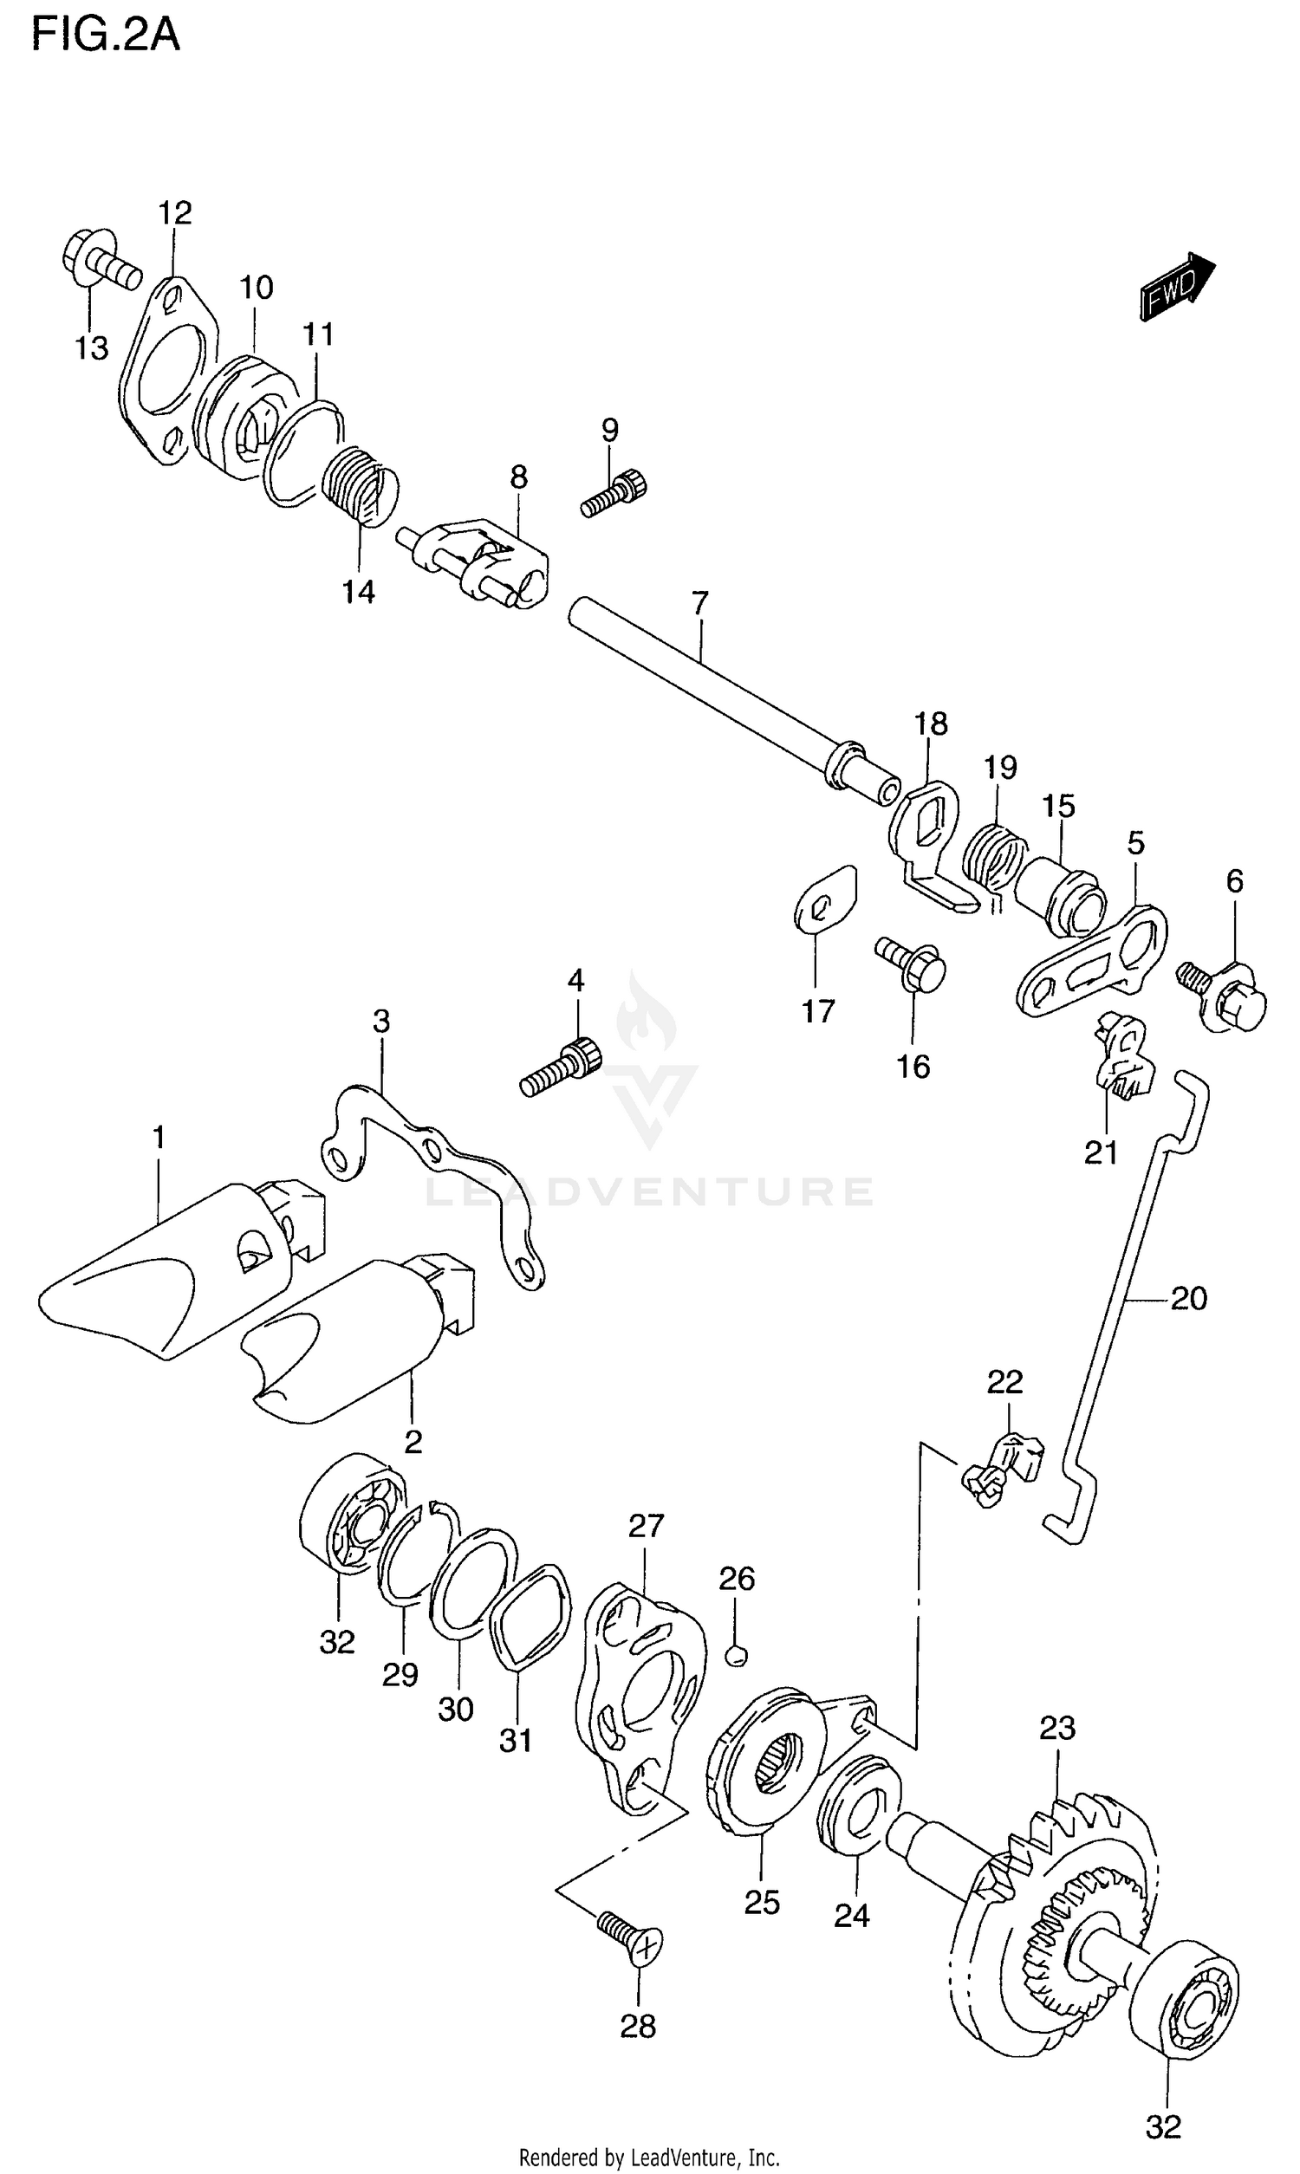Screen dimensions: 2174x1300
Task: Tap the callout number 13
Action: tap(91, 348)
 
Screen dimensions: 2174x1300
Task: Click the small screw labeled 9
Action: tap(616, 493)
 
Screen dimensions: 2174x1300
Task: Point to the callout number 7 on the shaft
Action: tap(699, 603)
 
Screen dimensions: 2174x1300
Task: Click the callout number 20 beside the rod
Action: tap(1189, 1299)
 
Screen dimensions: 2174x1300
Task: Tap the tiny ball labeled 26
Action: tap(737, 1654)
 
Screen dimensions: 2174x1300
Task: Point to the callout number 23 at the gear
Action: tap(1057, 1728)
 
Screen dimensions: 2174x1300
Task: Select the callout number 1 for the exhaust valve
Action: tap(159, 1138)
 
